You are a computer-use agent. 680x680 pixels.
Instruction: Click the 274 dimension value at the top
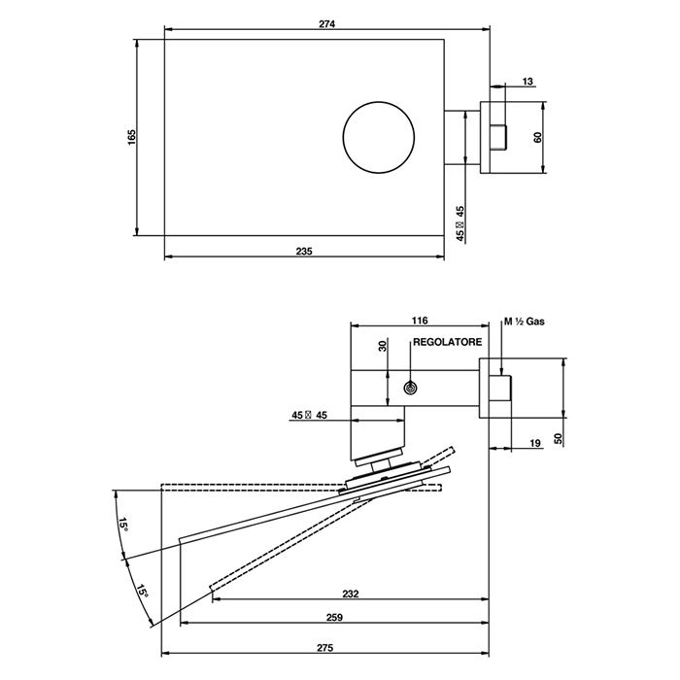click(x=327, y=24)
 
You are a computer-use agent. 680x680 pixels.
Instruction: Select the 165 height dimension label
click(x=132, y=138)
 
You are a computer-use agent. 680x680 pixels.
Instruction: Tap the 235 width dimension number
click(x=304, y=251)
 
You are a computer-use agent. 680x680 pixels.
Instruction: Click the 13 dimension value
click(x=527, y=82)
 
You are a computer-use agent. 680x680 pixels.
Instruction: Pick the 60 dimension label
click(x=538, y=138)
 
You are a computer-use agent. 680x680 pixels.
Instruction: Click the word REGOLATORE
click(x=447, y=342)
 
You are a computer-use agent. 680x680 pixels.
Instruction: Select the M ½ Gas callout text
click(x=525, y=322)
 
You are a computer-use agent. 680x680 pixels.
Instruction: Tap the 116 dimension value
click(x=420, y=321)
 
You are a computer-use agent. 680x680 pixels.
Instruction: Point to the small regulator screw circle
click(x=410, y=389)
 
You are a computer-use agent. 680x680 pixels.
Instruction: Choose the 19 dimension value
click(x=535, y=443)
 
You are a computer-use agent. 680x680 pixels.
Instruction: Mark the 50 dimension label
click(x=559, y=438)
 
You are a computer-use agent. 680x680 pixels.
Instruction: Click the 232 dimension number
click(x=351, y=594)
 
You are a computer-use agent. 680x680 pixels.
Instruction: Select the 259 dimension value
click(x=334, y=617)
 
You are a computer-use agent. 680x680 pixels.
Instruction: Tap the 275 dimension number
click(x=324, y=648)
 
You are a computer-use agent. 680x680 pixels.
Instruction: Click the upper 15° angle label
click(x=124, y=525)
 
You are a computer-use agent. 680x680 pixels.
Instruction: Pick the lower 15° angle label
click(x=143, y=591)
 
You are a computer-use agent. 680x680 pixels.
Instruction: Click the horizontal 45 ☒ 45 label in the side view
click(x=309, y=415)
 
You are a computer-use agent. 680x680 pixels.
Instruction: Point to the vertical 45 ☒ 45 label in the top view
click(x=460, y=223)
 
